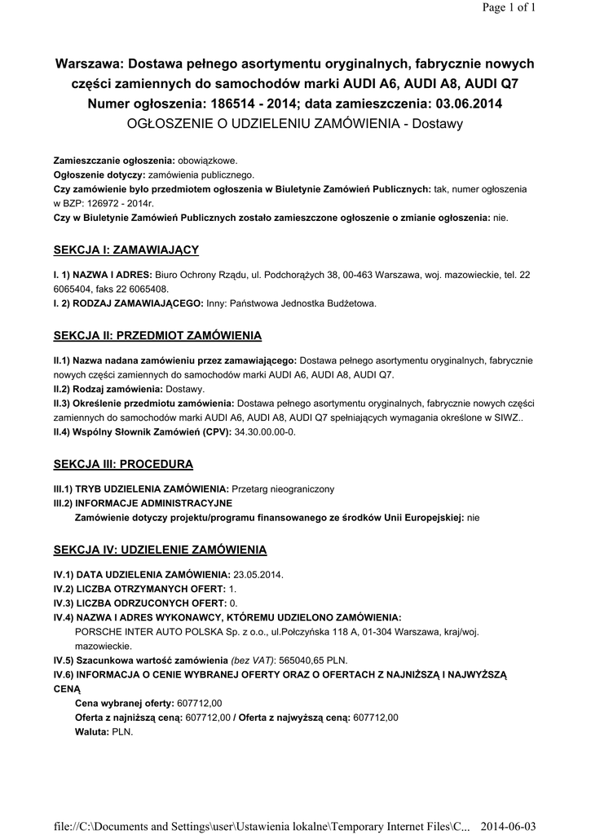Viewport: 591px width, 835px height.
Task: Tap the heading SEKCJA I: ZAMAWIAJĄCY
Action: pos(126,250)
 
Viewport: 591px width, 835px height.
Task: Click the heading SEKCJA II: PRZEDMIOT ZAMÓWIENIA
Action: pos(157,335)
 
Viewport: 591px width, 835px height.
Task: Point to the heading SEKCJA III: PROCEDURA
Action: pos(123,464)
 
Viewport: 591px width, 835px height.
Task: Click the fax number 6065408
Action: pos(148,289)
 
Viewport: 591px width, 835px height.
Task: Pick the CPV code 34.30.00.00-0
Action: pos(265,431)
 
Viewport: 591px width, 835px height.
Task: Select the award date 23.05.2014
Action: pos(258,574)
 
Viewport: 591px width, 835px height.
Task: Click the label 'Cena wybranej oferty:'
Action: pos(123,703)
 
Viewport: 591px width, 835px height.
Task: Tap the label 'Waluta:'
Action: pos(92,731)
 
